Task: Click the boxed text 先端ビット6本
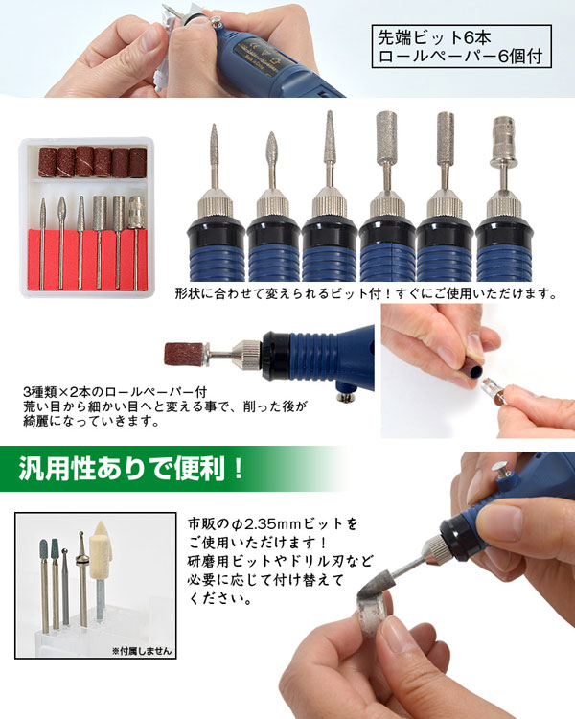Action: point(434,37)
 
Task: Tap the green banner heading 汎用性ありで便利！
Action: point(130,468)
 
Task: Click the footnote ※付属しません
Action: point(142,651)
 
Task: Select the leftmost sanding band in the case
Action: point(48,161)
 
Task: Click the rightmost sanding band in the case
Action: point(138,162)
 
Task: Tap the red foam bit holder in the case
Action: point(87,260)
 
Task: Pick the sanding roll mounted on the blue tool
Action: point(183,354)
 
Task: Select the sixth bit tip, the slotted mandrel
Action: point(503,141)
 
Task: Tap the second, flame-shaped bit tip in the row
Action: point(271,148)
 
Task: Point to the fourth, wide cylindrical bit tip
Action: point(386,137)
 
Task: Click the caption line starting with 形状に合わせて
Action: point(366,293)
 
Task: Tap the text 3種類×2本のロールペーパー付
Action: point(115,392)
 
